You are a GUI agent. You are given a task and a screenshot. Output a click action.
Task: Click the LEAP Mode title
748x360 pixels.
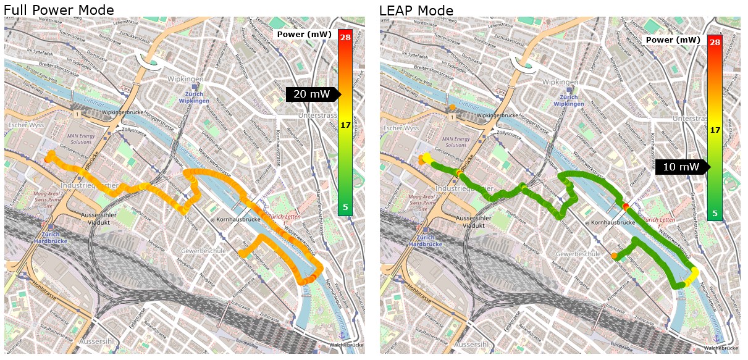(416, 10)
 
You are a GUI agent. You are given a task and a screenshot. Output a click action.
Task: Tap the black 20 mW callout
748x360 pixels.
(312, 94)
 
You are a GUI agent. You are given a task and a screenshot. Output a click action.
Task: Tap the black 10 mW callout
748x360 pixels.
(681, 167)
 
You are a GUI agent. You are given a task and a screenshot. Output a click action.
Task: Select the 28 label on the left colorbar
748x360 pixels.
(345, 37)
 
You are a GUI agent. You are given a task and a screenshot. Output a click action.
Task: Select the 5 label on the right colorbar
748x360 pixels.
(715, 214)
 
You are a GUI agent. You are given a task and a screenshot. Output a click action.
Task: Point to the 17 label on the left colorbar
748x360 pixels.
(345, 125)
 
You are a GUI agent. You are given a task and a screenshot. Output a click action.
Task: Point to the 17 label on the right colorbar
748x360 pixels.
(715, 130)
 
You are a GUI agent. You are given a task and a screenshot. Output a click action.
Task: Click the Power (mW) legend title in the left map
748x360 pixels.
(305, 35)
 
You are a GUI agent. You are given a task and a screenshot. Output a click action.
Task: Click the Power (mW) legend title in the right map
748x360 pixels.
(673, 40)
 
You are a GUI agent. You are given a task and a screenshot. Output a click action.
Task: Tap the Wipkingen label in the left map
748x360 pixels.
(187, 79)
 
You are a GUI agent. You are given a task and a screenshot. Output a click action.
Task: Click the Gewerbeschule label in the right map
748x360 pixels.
(578, 254)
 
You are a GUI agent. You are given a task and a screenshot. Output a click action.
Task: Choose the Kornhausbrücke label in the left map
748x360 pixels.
(236, 220)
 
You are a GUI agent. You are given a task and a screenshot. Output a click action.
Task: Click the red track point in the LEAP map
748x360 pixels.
(626, 206)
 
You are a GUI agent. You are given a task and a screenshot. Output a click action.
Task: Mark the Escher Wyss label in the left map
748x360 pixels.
(23, 125)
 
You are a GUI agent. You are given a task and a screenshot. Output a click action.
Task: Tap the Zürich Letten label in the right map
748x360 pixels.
(658, 219)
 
